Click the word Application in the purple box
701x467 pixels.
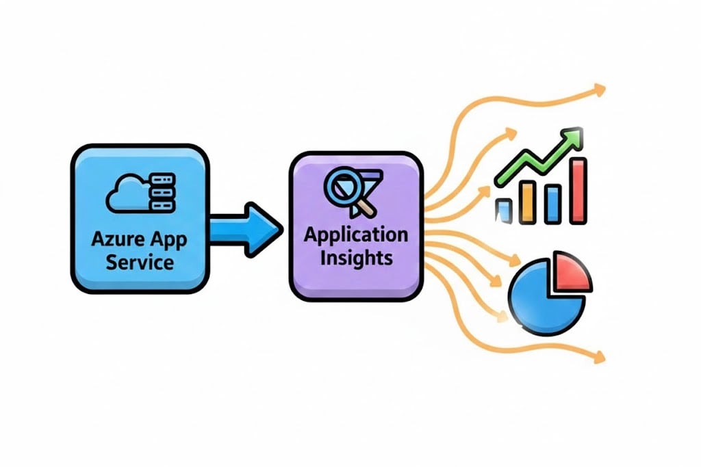click(x=355, y=235)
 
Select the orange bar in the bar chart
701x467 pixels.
click(x=529, y=202)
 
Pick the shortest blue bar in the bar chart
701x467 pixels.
click(x=504, y=211)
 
